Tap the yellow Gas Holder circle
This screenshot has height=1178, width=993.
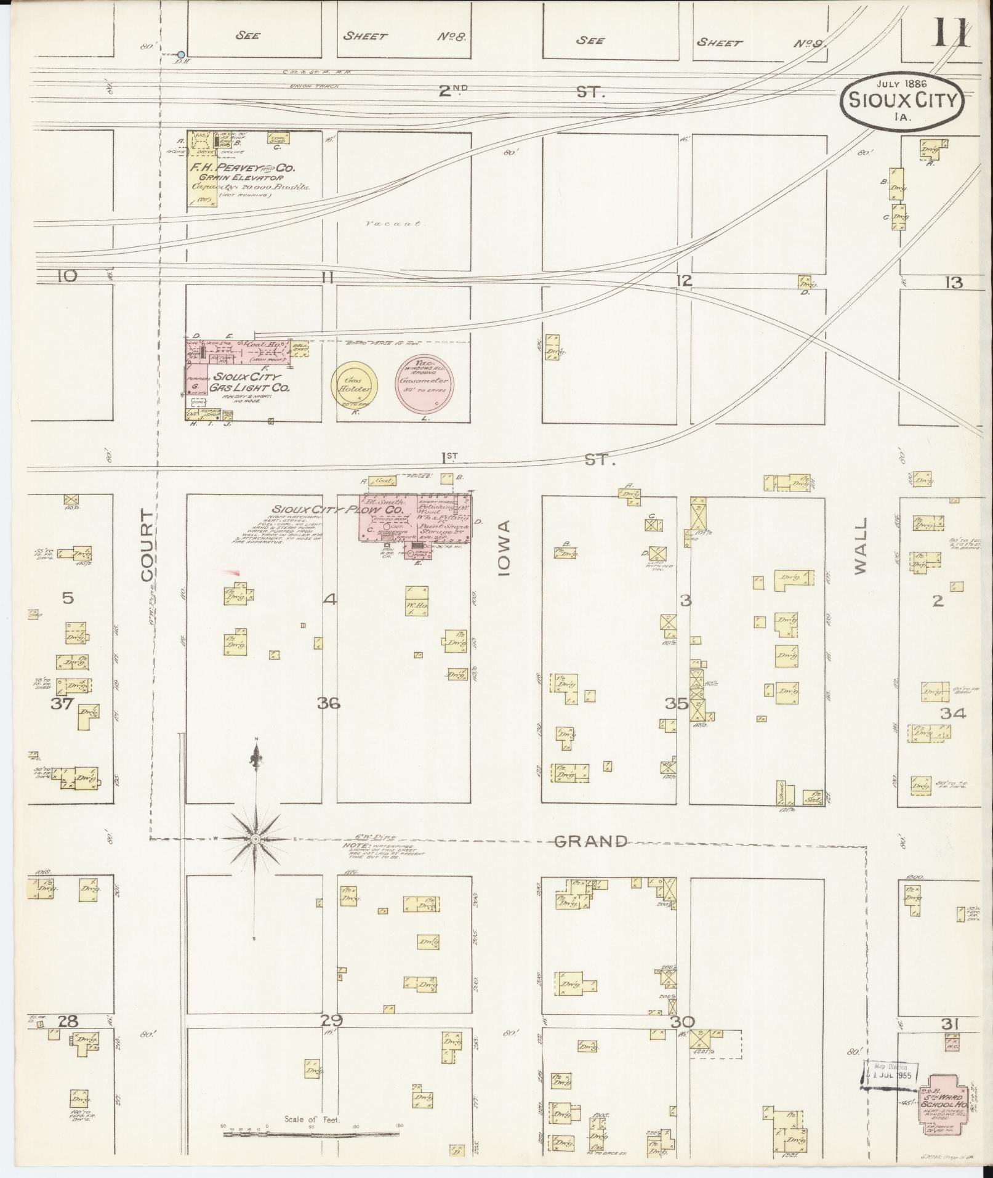tap(355, 386)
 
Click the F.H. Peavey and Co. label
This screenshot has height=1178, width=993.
tap(243, 167)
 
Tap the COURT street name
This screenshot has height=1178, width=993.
tap(147, 545)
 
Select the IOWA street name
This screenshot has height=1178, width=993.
tap(505, 547)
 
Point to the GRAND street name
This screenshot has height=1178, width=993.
tap(591, 841)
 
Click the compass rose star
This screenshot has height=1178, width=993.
tap(255, 839)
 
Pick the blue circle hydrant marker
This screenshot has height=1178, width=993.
tap(181, 55)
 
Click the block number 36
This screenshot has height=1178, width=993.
tap(329, 703)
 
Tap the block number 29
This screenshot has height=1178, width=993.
tap(331, 1020)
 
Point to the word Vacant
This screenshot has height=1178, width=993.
tap(392, 224)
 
